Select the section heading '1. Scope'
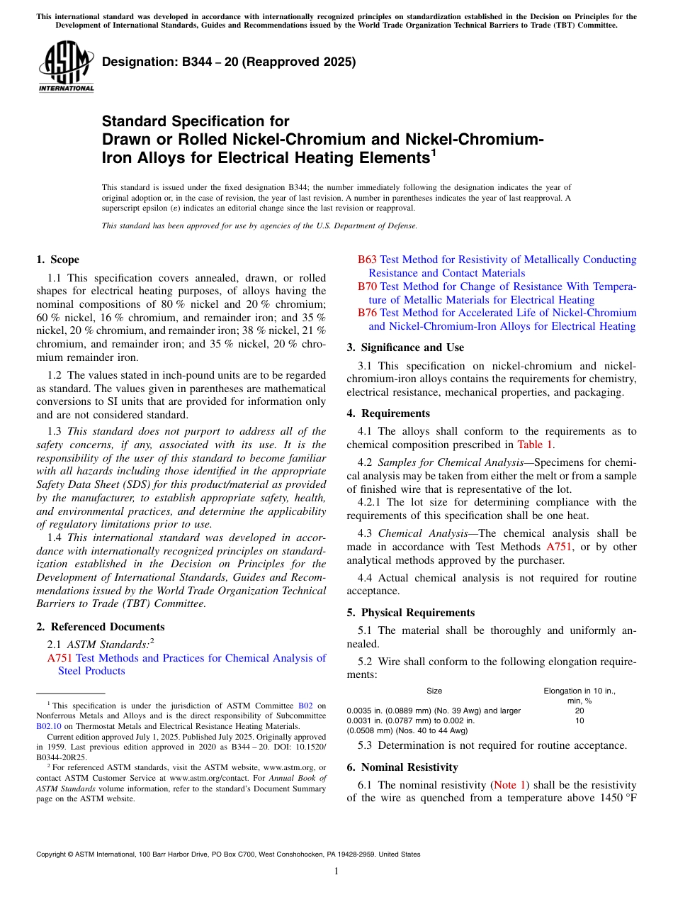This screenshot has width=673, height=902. click(58, 260)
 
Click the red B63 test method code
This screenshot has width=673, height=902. click(367, 260)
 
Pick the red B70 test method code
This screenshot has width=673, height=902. click(367, 286)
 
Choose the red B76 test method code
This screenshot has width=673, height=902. click(367, 313)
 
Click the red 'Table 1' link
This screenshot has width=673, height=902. click(535, 445)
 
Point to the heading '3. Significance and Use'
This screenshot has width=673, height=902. click(405, 347)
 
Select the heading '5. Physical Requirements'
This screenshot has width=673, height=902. click(410, 613)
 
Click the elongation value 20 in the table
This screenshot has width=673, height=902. click(579, 711)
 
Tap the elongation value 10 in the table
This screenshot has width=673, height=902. click(579, 720)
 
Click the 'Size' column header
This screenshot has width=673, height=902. click(434, 691)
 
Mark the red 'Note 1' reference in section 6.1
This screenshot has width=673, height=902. click(515, 785)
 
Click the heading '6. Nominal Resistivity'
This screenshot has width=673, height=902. click(402, 767)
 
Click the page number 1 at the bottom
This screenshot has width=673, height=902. click(336, 872)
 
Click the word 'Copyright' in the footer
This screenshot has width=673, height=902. click(53, 854)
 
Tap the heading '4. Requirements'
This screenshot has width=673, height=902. click(388, 413)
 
